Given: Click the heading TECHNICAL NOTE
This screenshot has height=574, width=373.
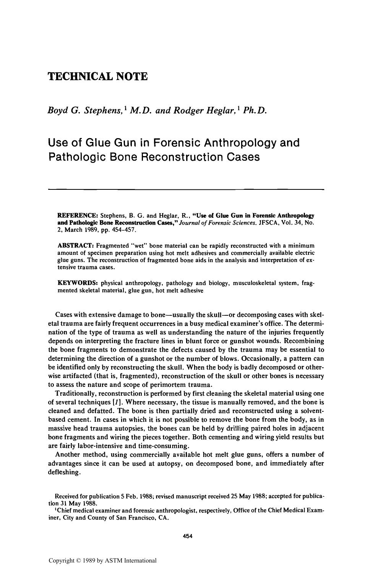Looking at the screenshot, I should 97,77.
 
